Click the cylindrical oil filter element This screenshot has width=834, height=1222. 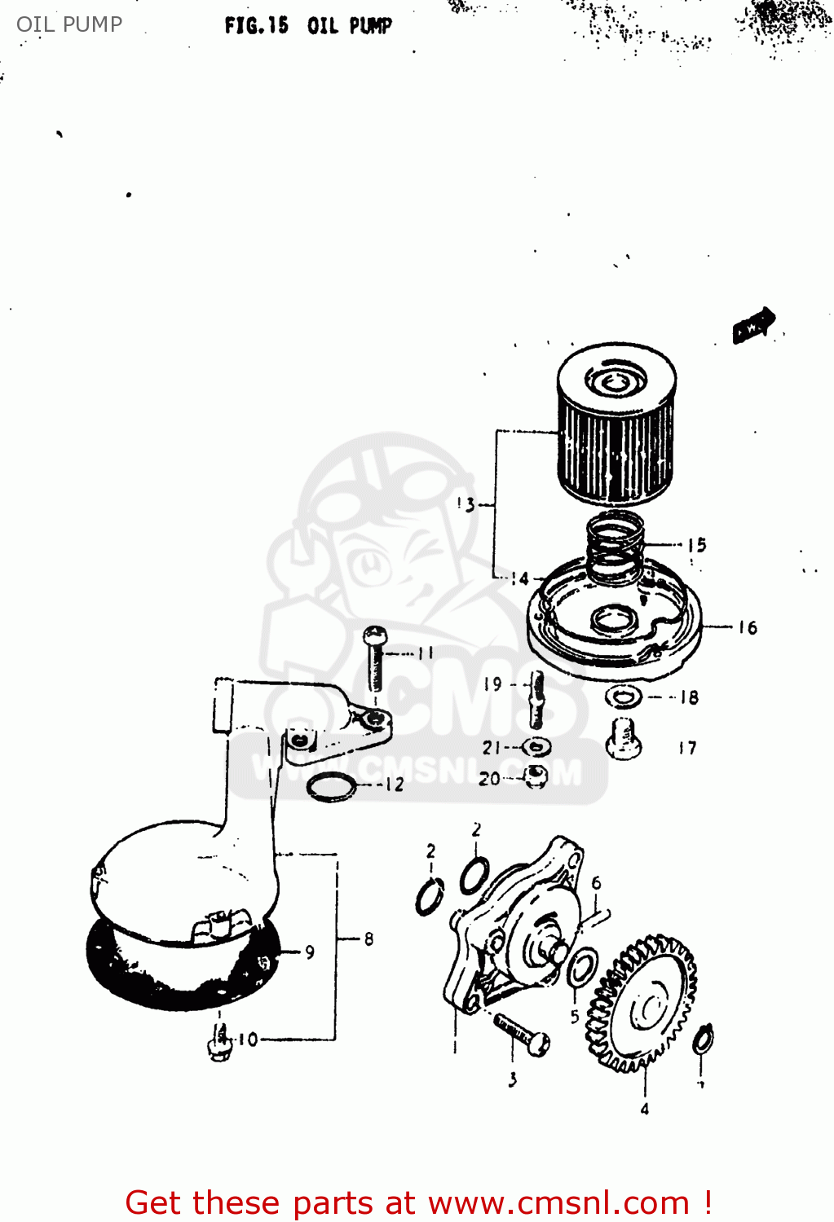(616, 432)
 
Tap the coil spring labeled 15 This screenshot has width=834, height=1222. (616, 547)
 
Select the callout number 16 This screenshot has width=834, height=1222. (748, 627)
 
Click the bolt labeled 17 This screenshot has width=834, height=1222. (624, 738)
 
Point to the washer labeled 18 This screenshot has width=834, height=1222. (624, 697)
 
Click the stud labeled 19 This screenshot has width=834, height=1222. (536, 699)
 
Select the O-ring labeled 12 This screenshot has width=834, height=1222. (332, 786)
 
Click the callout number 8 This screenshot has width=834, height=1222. (368, 939)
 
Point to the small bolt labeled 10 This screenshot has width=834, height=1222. (219, 1042)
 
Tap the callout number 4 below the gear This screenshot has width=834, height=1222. (644, 1109)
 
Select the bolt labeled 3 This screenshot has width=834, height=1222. (522, 1035)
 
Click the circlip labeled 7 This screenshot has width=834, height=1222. (703, 1040)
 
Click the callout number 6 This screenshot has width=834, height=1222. (596, 883)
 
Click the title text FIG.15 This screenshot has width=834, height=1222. (256, 25)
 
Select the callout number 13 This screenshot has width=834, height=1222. (466, 504)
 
